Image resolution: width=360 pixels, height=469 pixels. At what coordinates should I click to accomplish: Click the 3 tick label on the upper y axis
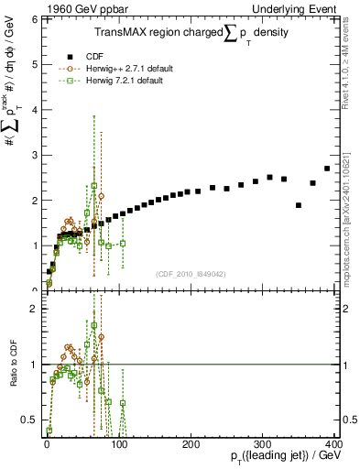click(34, 155)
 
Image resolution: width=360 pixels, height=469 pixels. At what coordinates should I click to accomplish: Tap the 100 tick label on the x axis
click(118, 443)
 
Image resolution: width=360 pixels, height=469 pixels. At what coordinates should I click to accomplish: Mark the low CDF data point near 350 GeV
click(299, 205)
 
